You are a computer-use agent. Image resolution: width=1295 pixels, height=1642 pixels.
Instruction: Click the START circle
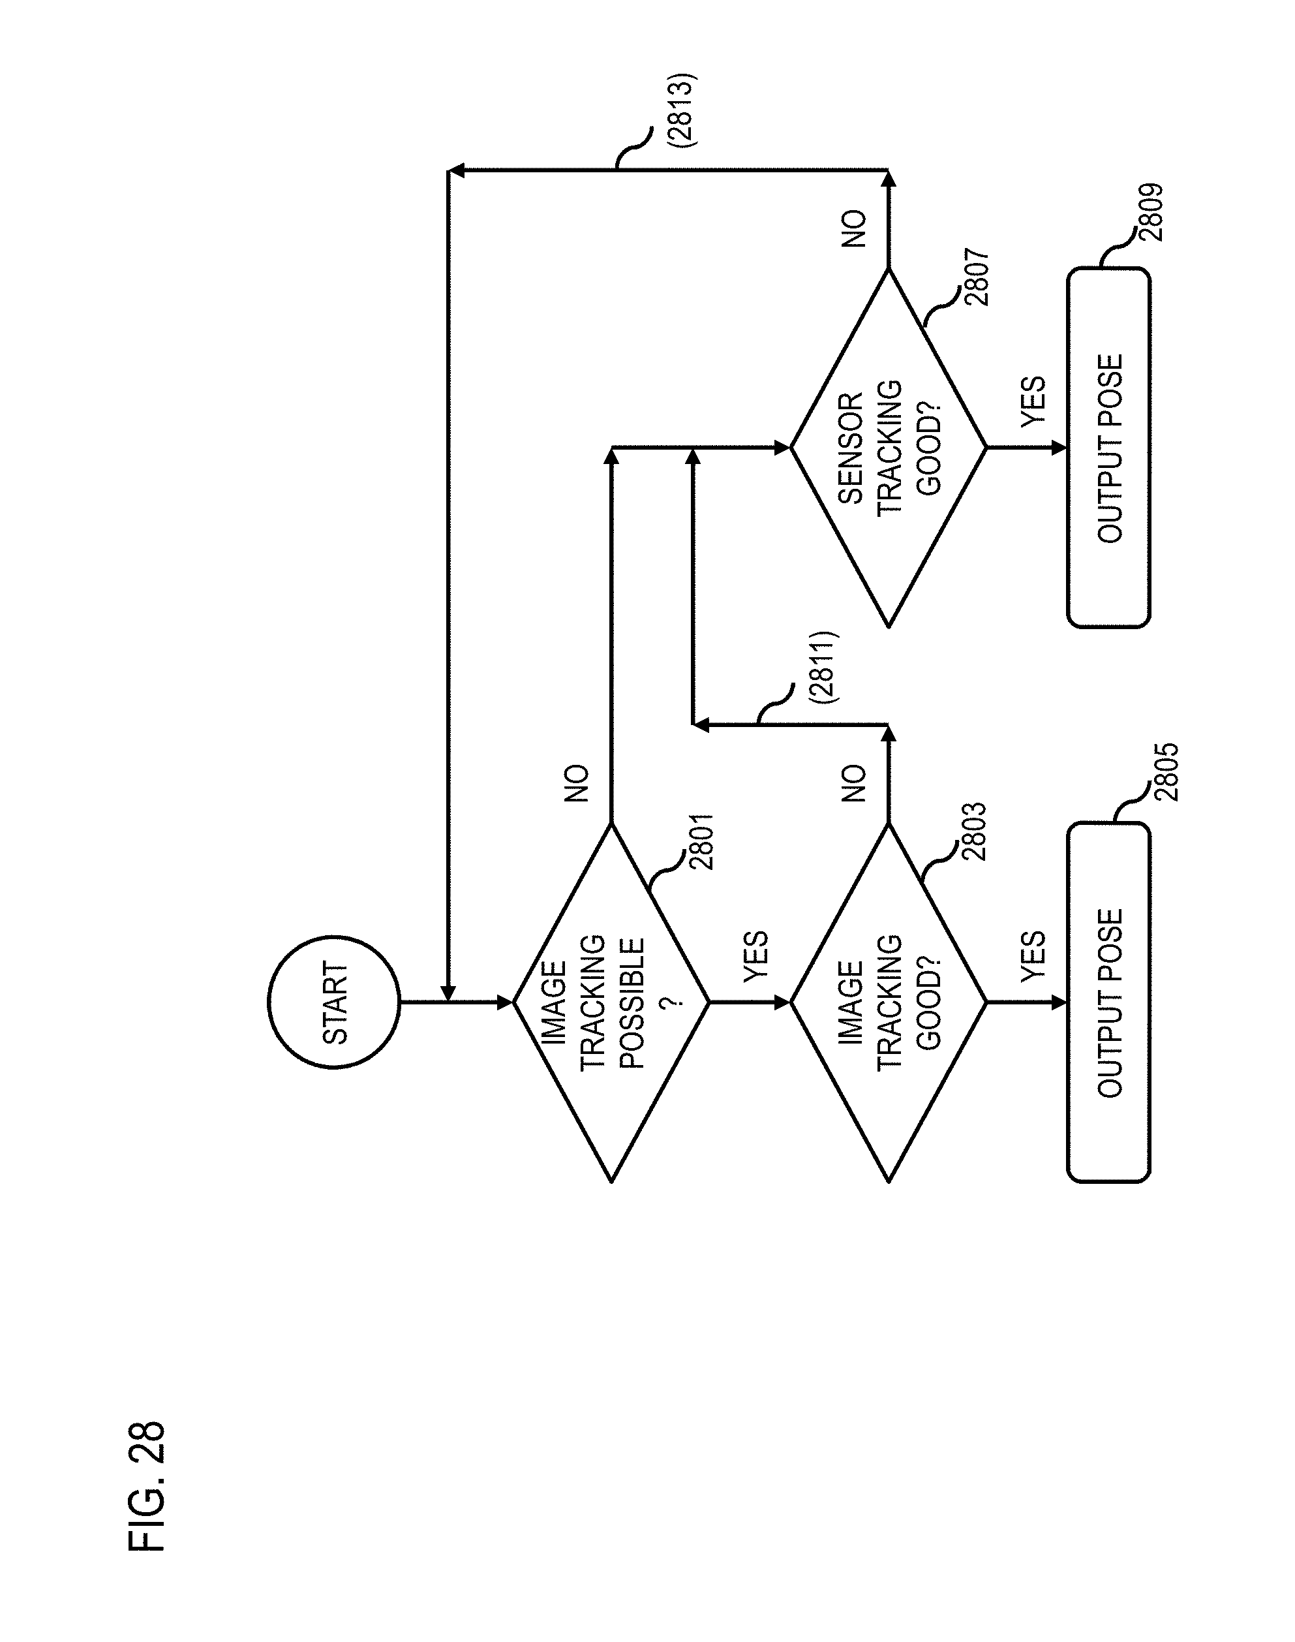333,1002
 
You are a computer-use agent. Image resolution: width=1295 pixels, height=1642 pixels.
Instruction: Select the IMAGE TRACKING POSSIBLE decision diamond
611,1002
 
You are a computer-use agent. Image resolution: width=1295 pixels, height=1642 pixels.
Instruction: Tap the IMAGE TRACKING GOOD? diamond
889,1002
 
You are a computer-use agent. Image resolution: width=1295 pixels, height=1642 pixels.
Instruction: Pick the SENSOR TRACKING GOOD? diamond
889,448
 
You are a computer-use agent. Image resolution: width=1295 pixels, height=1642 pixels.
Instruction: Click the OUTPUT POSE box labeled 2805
1108,1002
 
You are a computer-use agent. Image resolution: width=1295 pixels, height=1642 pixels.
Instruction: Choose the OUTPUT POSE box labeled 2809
1108,448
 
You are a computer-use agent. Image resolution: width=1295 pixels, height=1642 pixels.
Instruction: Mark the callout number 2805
1168,772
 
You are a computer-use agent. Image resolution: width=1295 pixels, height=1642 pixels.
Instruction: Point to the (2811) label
823,668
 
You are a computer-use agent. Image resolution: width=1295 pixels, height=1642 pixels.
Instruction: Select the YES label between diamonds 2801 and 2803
755,956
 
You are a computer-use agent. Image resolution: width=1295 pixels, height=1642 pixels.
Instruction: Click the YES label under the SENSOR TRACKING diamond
1033,402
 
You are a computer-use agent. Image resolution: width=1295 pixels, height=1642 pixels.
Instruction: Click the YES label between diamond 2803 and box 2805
1033,956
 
